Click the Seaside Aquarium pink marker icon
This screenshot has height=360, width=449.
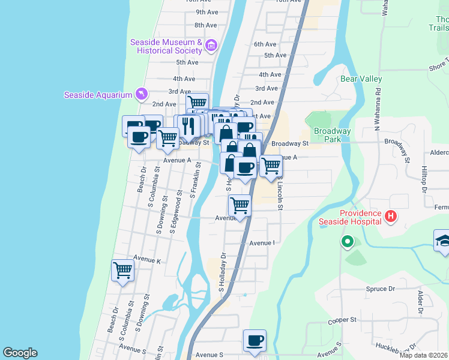(x=141, y=94)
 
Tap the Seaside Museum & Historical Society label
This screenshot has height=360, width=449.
(x=167, y=46)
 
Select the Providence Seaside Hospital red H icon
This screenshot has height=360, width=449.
(x=391, y=215)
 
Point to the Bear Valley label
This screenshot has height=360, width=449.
(x=361, y=79)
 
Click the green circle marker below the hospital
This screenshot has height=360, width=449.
(x=347, y=242)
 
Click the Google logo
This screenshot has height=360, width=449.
(x=20, y=353)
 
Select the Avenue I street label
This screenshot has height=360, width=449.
(x=262, y=243)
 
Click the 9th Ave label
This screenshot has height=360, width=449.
(x=206, y=12)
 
